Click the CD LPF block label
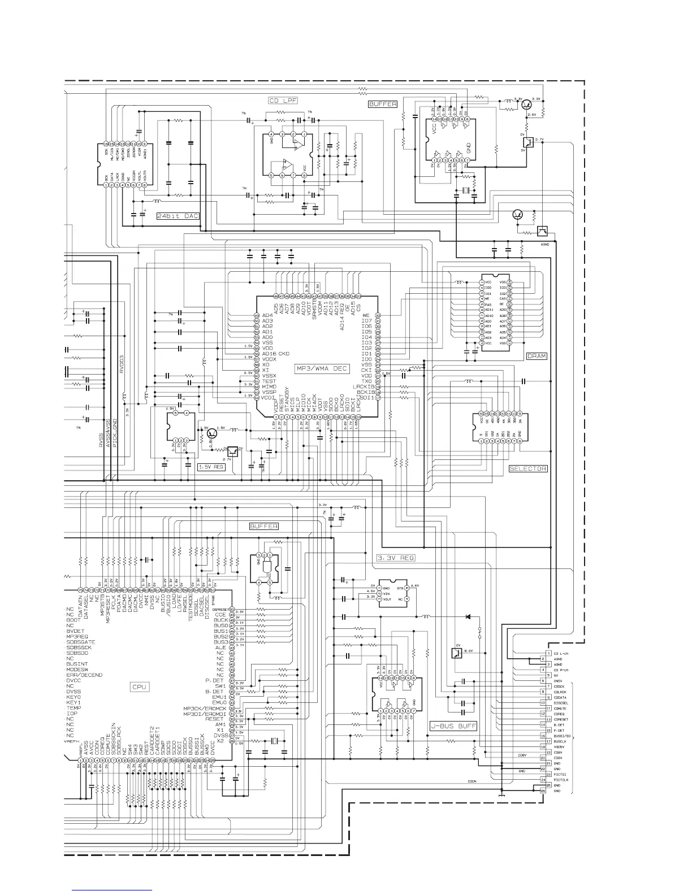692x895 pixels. coord(283,101)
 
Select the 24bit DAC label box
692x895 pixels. coord(178,216)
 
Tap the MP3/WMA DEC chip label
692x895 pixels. coord(323,368)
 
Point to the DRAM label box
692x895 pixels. coord(537,356)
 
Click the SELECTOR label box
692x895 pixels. coord(528,468)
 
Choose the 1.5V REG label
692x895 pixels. coord(211,467)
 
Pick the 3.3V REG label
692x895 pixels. coord(396,558)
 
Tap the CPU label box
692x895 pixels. coord(140,687)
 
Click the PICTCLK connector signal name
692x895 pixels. coord(561,780)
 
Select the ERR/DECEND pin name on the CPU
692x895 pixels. coord(84,675)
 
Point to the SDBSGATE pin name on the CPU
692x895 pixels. coord(81,642)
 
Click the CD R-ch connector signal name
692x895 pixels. coord(561,670)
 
